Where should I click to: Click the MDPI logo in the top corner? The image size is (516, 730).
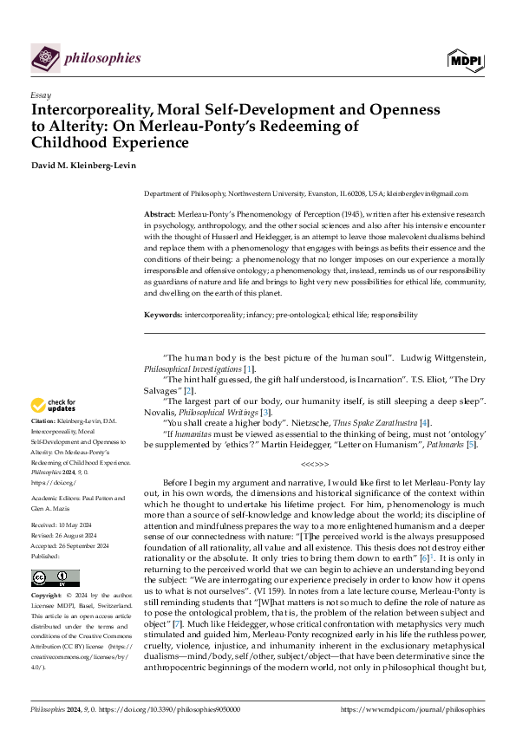click(466, 59)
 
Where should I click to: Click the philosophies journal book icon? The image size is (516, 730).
click(44, 58)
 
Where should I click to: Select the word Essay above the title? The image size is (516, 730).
click(40, 95)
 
